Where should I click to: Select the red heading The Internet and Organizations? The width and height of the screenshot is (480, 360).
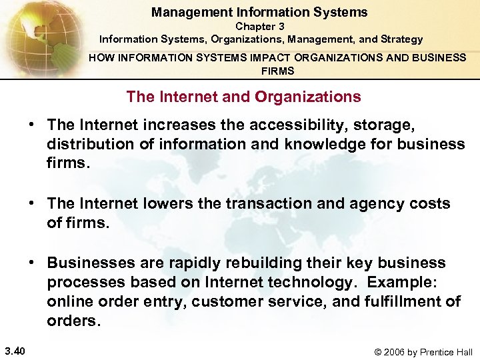(x=243, y=97)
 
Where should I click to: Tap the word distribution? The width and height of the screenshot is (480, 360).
(x=83, y=144)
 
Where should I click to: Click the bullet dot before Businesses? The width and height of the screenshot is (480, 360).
(x=31, y=263)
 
